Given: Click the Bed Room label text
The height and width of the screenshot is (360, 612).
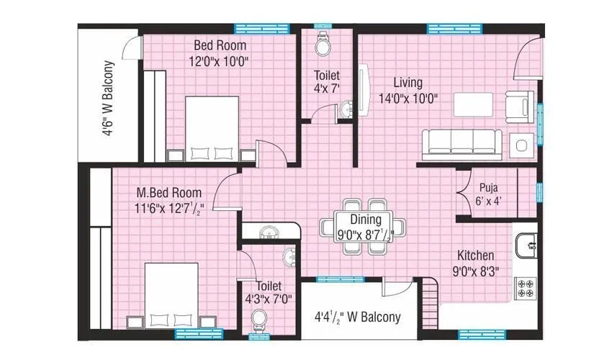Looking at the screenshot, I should click(x=220, y=46).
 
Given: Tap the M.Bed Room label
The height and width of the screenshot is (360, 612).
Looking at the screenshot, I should click(x=169, y=193).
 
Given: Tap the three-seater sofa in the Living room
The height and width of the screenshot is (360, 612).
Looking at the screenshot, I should click(x=460, y=143).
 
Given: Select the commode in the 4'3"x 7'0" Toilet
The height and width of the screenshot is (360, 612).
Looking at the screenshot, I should click(x=258, y=318).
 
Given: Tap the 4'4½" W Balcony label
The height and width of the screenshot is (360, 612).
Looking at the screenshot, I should click(x=357, y=317).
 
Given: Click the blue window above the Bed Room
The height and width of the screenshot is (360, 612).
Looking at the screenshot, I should click(x=252, y=29).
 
